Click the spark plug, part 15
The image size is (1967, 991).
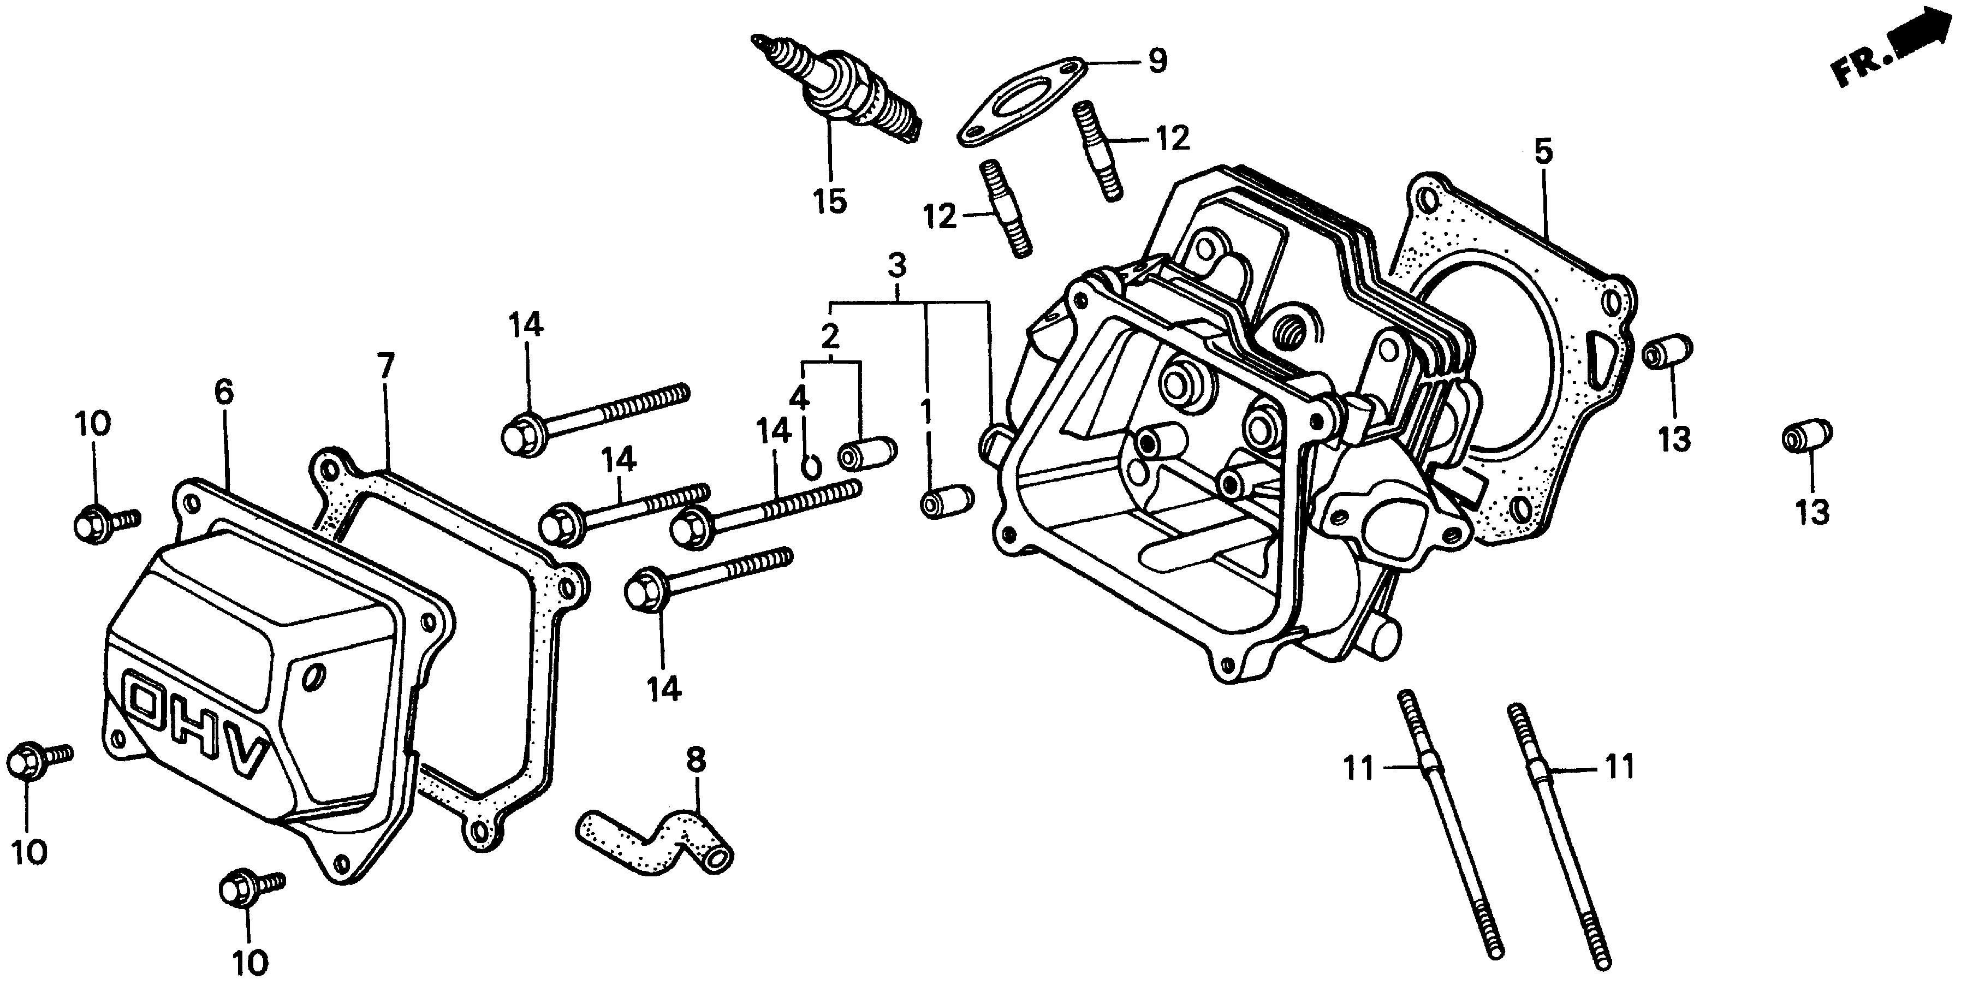[x=840, y=96]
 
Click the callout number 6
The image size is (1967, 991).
[x=224, y=393]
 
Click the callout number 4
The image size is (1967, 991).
[x=799, y=397]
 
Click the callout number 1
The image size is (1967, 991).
[x=926, y=412]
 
